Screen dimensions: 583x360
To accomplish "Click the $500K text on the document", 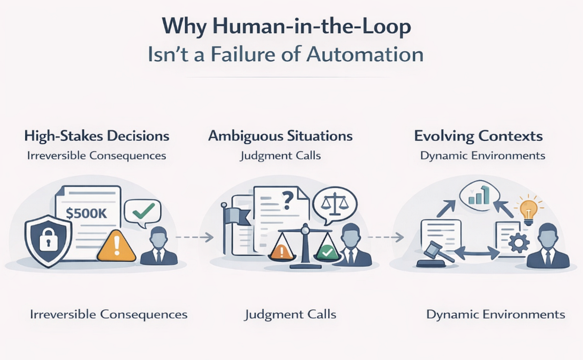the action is coord(86,213).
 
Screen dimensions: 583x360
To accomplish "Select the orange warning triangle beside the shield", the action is coord(116,246).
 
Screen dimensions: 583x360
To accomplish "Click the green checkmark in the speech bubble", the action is coord(144,211).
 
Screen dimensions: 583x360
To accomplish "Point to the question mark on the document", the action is coord(287,201).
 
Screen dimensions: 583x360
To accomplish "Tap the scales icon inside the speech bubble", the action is coord(335,204).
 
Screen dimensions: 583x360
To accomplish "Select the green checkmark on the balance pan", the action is coord(327,251).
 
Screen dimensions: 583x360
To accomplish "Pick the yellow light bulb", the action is coord(528,211).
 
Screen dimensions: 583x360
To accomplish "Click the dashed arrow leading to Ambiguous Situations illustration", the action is coord(194,237).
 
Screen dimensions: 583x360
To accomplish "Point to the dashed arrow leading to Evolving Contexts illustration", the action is coord(386,237).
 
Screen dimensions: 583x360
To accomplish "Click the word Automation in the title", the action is coord(365,55).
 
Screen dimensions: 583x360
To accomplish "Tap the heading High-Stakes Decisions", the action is coord(97,136).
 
